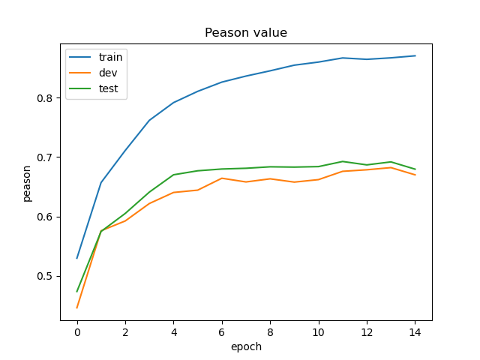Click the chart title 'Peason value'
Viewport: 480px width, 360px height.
tap(246, 33)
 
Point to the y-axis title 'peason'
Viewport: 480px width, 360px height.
tap(27, 182)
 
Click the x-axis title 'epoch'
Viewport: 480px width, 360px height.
tap(246, 346)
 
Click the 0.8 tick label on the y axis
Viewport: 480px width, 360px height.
tap(44, 98)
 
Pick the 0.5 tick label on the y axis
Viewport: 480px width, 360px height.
tap(44, 276)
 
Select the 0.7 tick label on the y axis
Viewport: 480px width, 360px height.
tap(44, 157)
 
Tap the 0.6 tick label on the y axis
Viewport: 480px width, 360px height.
tap(44, 217)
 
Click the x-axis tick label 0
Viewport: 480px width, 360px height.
tap(77, 331)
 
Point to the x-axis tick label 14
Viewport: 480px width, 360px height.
tap(415, 331)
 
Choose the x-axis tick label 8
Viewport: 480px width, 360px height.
tap(270, 331)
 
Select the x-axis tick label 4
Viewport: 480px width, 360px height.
tap(173, 331)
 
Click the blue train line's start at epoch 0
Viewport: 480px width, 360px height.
tap(77, 258)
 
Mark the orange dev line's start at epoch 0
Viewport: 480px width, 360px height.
tap(77, 307)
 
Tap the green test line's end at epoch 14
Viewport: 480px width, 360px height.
tap(415, 169)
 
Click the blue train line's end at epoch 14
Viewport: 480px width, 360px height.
tap(415, 55)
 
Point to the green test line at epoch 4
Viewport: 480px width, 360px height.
tap(173, 175)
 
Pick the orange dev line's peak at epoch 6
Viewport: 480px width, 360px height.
tap(222, 178)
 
